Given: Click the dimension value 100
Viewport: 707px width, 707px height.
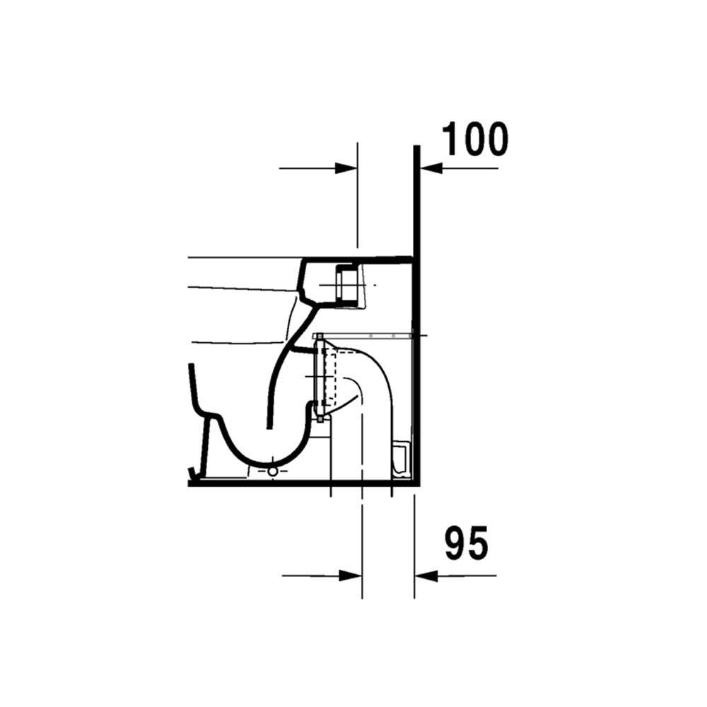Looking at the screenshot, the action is point(475,139).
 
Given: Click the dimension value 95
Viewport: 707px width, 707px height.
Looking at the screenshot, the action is point(467,543).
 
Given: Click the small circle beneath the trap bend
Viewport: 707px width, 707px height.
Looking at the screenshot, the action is point(273,472).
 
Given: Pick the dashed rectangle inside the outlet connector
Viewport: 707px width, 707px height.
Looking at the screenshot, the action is point(330,377).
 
